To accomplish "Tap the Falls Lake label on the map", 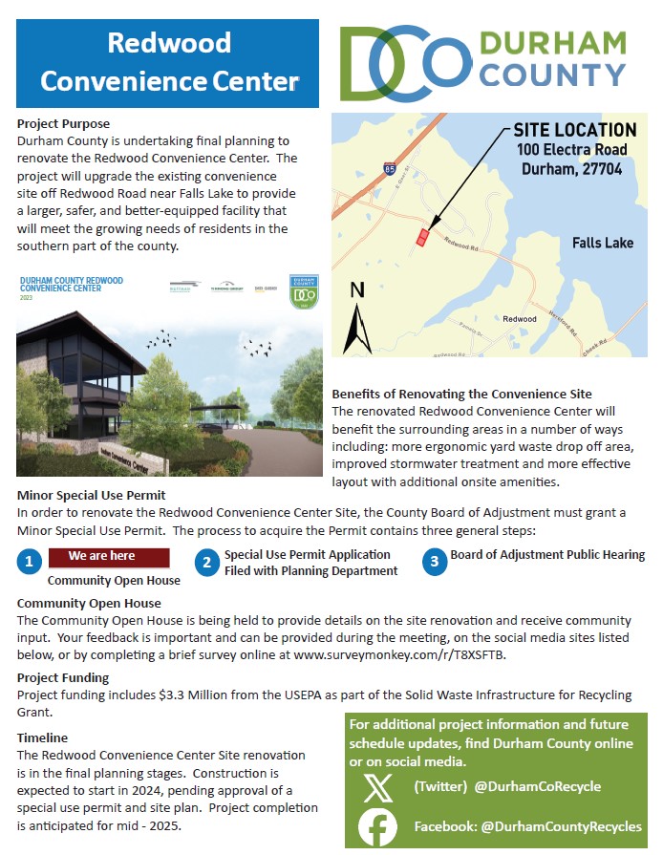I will pos(603,243).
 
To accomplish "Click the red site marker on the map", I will pos(421,237).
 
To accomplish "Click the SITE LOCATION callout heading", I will pos(575,130).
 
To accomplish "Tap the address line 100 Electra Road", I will pos(572,150).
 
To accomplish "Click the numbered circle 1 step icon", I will pos(31,562).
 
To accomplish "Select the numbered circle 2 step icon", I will pos(205,562).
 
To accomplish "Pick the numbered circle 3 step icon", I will pos(435,562).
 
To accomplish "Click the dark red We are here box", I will pos(108,556).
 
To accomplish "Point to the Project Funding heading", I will pos(63,678).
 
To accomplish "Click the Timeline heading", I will pos(43,737).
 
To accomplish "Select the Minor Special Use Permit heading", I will pos(92,495).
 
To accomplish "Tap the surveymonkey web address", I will pos(399,654).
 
